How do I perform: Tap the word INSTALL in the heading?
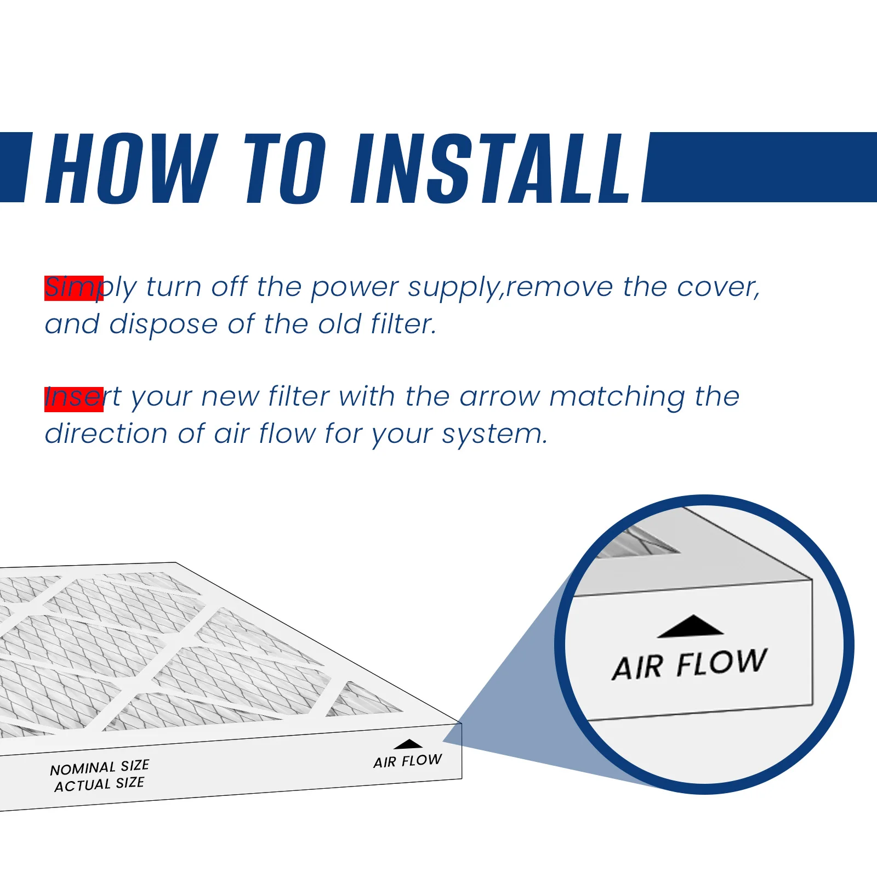pyautogui.click(x=492, y=168)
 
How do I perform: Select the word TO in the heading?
pyautogui.click(x=285, y=168)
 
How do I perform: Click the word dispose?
pyautogui.click(x=163, y=325)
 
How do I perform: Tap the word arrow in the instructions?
pyautogui.click(x=500, y=397)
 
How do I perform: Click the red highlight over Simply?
pyautogui.click(x=74, y=288)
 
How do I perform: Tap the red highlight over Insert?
pyautogui.click(x=74, y=399)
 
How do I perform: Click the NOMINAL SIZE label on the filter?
pyautogui.click(x=100, y=767)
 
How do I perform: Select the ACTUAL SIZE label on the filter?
pyautogui.click(x=99, y=784)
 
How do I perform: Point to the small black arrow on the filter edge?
pyautogui.click(x=408, y=744)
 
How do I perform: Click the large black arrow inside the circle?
pyautogui.click(x=691, y=626)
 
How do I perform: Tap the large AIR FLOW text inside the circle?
pyautogui.click(x=690, y=664)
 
